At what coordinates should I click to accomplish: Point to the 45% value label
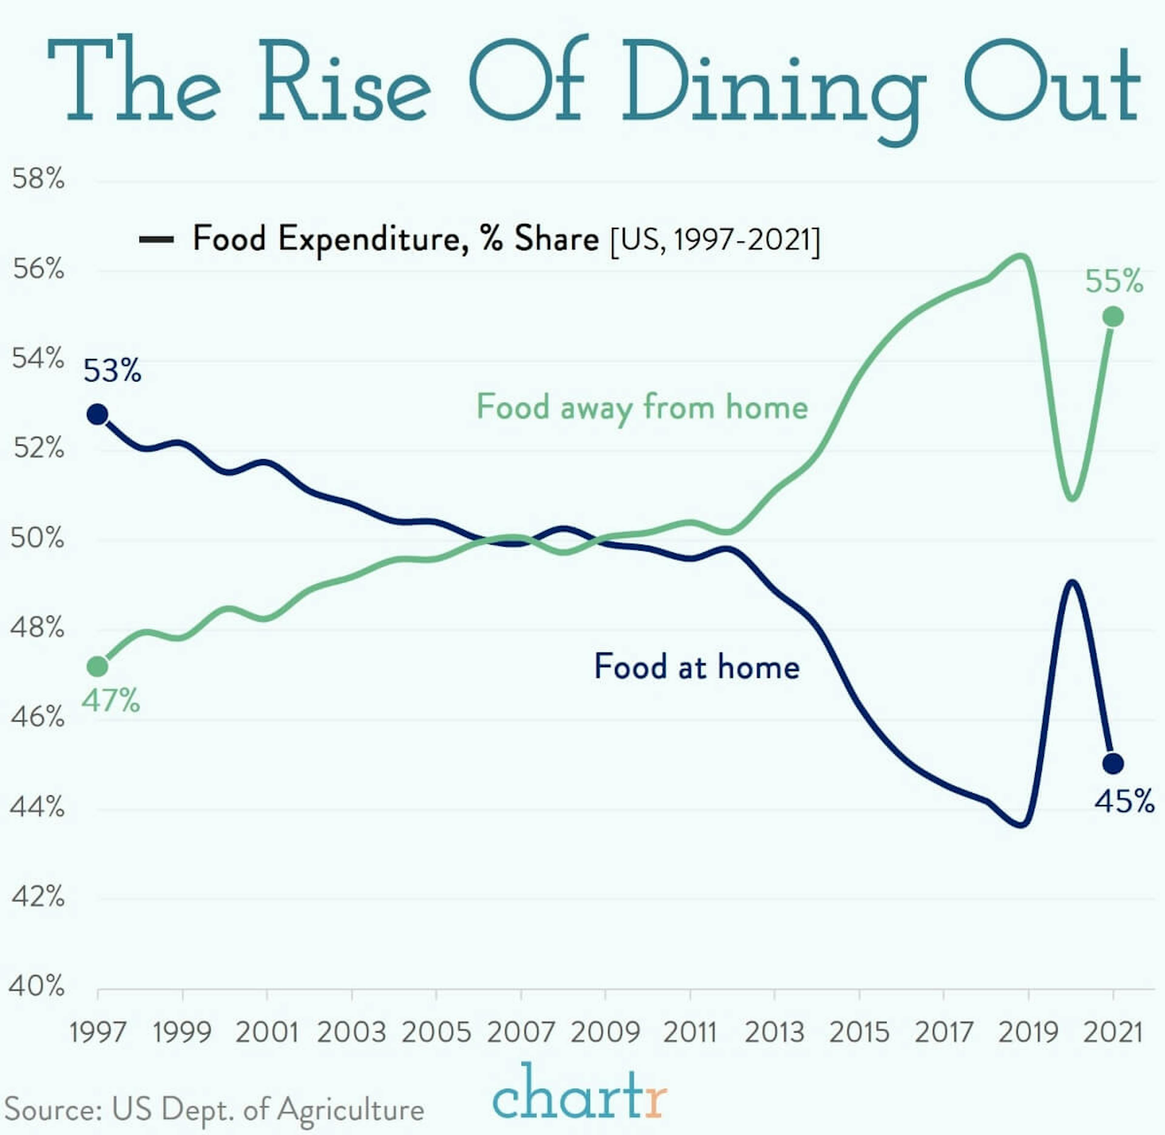click(x=1124, y=801)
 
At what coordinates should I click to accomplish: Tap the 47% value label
click(x=110, y=701)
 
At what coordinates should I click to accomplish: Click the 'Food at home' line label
click(x=696, y=666)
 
